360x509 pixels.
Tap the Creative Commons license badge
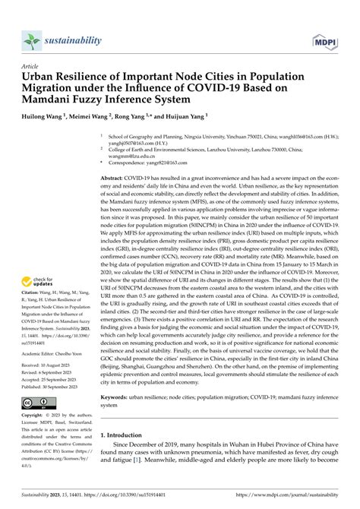(37, 403)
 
